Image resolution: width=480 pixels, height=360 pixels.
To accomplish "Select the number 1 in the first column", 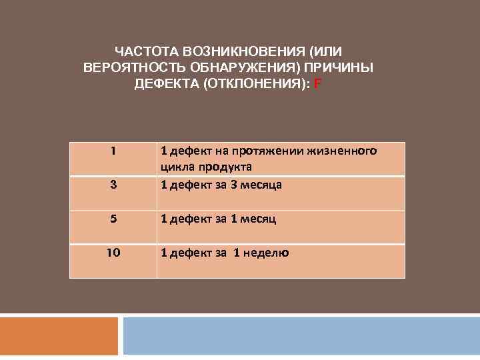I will point(113,151).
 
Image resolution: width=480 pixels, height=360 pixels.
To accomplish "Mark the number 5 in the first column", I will point(113,218).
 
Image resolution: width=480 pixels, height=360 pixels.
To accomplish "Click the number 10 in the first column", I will point(113,252).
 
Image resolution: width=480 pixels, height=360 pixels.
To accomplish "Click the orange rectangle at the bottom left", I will point(59,337).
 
